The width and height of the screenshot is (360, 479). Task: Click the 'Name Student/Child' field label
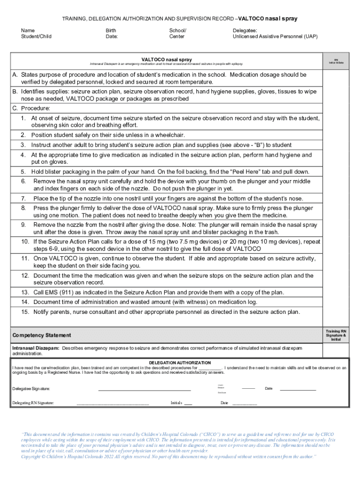(x=36, y=33)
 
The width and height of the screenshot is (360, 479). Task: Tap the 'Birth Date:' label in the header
(x=112, y=33)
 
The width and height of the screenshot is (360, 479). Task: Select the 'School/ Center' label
(x=177, y=33)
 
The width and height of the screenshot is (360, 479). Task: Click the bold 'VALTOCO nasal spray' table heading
(x=166, y=59)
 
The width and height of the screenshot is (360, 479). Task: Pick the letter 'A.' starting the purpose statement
(x=15, y=75)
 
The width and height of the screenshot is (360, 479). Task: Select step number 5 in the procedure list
(x=23, y=172)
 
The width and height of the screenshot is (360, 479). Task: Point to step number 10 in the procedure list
(x=25, y=242)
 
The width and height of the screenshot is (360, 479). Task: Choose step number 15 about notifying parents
(x=25, y=312)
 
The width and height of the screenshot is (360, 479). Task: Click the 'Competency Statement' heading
(x=42, y=335)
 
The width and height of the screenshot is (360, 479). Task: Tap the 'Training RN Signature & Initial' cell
(x=336, y=335)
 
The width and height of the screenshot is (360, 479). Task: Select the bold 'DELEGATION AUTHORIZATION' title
(x=180, y=363)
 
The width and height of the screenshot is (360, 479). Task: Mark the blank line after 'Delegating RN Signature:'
(x=112, y=403)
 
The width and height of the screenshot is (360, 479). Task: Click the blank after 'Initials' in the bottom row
(x=188, y=403)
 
